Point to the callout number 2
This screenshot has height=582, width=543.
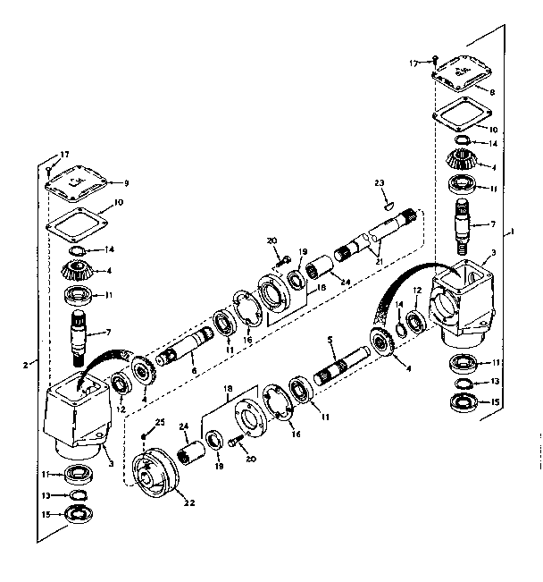[x=28, y=365]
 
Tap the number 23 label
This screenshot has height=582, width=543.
[x=380, y=182]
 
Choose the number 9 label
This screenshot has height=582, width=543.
[x=126, y=182]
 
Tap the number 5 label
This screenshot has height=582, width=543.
[x=330, y=341]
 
